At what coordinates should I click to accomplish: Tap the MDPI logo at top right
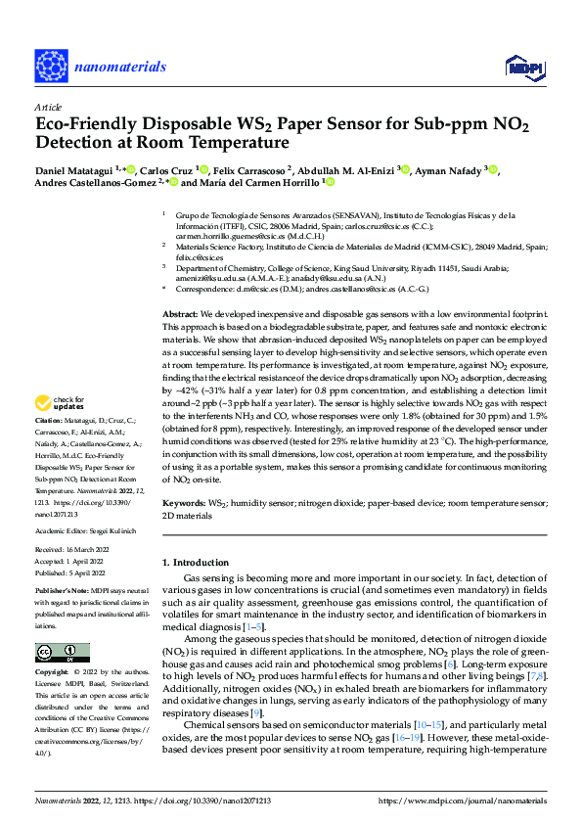click(x=522, y=66)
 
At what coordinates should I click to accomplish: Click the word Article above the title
click(x=48, y=107)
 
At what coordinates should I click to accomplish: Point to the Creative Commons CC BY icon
click(x=62, y=653)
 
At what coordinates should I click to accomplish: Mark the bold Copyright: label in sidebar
click(x=54, y=673)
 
